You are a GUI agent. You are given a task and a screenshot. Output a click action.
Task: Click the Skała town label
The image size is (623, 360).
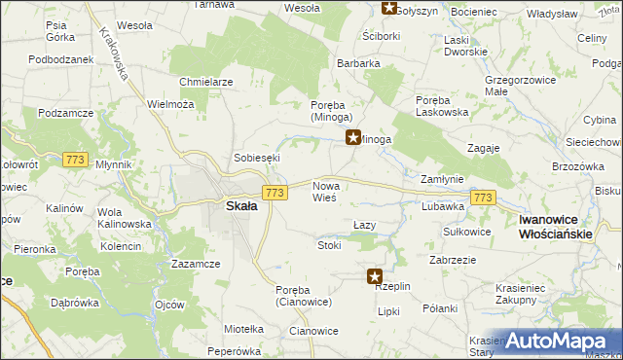tap(241, 206)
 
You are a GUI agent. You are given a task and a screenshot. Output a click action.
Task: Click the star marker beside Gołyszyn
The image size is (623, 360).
tap(388, 9)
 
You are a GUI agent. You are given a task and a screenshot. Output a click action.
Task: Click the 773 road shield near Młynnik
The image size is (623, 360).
tap(74, 159)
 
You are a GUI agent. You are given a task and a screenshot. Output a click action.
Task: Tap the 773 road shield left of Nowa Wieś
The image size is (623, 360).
tap(275, 194)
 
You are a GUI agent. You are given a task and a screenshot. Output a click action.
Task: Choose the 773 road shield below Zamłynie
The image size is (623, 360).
tap(483, 198)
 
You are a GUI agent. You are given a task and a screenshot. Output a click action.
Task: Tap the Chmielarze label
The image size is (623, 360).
tap(205, 82)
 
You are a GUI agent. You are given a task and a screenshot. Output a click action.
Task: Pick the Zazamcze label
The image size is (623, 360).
tap(195, 264)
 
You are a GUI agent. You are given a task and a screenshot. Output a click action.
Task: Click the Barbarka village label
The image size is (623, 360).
tap(358, 63)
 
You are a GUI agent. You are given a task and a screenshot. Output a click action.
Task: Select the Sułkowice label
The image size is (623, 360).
tap(466, 232)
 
